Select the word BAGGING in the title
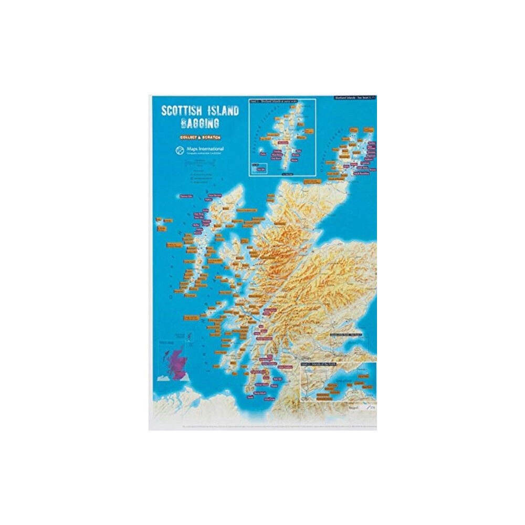199,124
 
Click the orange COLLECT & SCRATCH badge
199,137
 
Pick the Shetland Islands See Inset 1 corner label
355,98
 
